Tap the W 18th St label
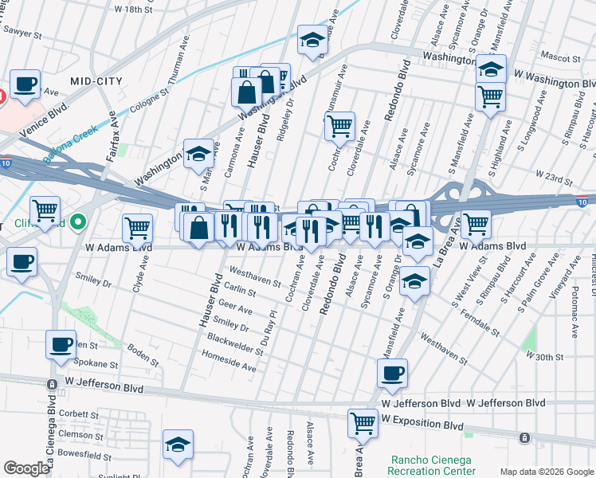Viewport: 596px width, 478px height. (133, 10)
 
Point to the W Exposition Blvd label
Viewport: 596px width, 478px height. (422, 418)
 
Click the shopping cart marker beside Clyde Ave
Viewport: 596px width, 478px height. (138, 228)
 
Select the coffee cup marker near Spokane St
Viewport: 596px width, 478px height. (61, 344)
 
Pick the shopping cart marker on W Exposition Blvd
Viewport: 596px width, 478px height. (363, 422)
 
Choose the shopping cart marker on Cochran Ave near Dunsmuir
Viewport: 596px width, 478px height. (340, 126)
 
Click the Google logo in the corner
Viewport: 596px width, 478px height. (26, 468)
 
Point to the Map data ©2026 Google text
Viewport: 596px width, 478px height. (546, 472)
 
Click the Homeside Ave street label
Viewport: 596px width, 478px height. (229, 368)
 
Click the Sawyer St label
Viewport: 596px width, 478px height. (22, 32)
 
